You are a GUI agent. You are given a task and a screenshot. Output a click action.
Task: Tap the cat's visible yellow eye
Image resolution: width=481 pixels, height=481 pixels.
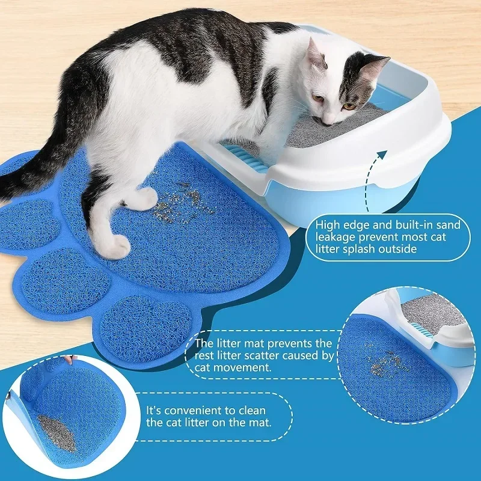[x=348, y=106]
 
